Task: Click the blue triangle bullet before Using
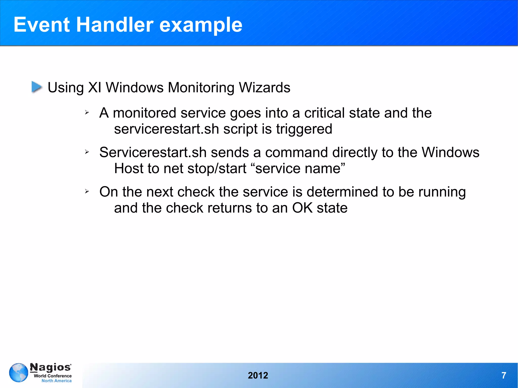pyautogui.click(x=37, y=87)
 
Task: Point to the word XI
pyautogui.click(x=95, y=88)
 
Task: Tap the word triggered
pyautogui.click(x=304, y=129)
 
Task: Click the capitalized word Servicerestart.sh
pyautogui.click(x=153, y=152)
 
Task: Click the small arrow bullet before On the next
pyautogui.click(x=87, y=191)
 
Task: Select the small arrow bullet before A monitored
pyautogui.click(x=87, y=112)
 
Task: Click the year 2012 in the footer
pyautogui.click(x=258, y=375)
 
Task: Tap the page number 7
pyautogui.click(x=504, y=375)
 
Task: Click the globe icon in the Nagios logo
pyautogui.click(x=18, y=373)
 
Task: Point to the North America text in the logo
pyautogui.click(x=56, y=381)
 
